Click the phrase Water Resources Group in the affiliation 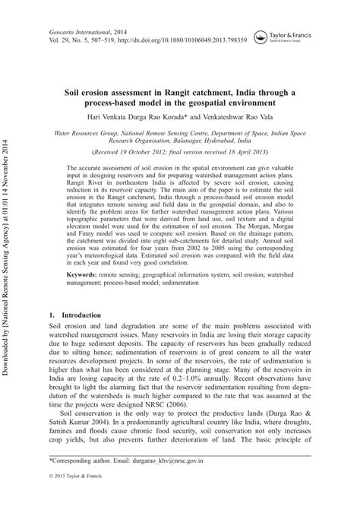click(x=90, y=132)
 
